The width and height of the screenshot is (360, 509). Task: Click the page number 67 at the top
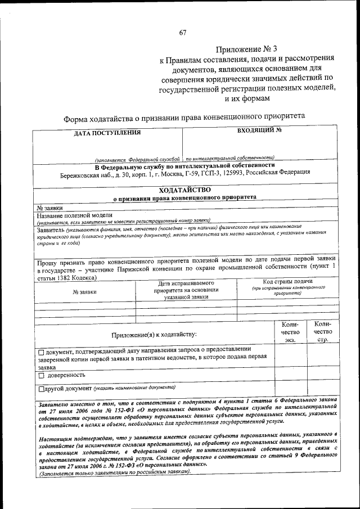pyautogui.click(x=183, y=33)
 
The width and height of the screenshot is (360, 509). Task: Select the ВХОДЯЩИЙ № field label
pyautogui.click(x=259, y=131)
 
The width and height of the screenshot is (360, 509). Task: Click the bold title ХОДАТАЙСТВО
pyautogui.click(x=184, y=190)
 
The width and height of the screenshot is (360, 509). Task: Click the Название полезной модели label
pyautogui.click(x=75, y=215)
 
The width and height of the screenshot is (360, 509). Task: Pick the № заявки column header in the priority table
pyautogui.click(x=84, y=291)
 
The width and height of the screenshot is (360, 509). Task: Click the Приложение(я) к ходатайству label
pyautogui.click(x=154, y=335)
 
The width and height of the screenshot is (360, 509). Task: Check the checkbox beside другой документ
pyautogui.click(x=41, y=389)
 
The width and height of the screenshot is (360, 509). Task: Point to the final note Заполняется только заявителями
pyautogui.click(x=112, y=472)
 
